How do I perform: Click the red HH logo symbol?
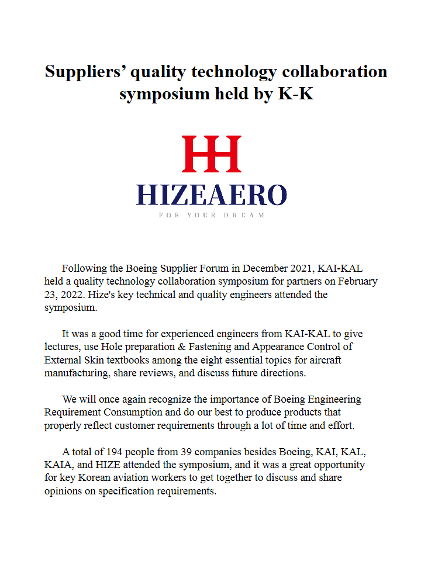(x=211, y=154)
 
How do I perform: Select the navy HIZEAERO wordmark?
(x=211, y=195)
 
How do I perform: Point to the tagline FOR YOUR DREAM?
(x=211, y=215)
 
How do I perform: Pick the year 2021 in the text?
(x=302, y=269)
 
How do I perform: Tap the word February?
(x=357, y=281)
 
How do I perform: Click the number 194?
(x=122, y=452)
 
